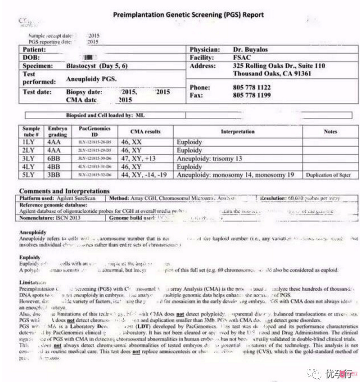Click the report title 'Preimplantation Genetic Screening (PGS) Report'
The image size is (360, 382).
pos(188,14)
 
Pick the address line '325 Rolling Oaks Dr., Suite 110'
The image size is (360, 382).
pos(275,65)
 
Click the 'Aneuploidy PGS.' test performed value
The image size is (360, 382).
pos(91,79)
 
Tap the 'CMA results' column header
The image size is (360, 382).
pos(145,131)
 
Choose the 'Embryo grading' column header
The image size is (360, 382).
pos(57,131)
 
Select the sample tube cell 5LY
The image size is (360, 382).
pos(29,174)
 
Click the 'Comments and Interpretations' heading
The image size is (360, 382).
pos(65,191)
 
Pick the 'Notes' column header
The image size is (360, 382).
pos(330,131)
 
